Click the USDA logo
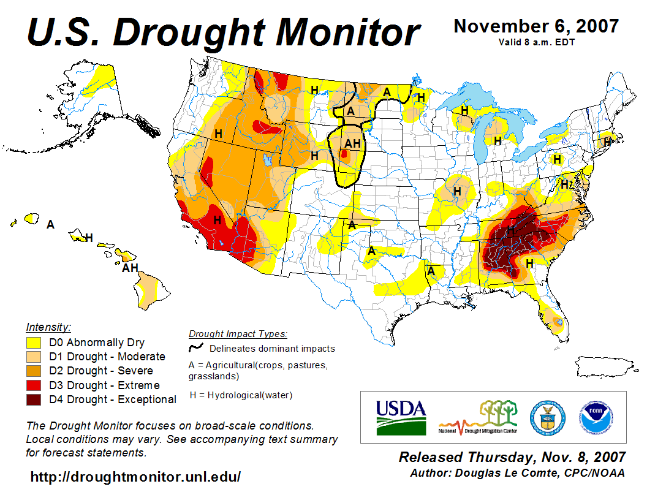click(x=401, y=417)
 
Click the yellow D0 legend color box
click(x=34, y=343)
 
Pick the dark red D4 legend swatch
click(x=34, y=400)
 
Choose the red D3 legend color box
click(x=34, y=385)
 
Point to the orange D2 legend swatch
click(x=34, y=371)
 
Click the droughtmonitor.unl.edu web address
click(x=135, y=476)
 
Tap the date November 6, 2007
click(x=535, y=26)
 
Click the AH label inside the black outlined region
click(x=352, y=143)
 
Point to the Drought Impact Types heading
click(x=238, y=334)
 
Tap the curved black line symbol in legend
click(x=195, y=348)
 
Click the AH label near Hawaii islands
click(x=129, y=267)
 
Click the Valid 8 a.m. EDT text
click(x=535, y=42)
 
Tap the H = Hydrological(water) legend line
click(x=241, y=395)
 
